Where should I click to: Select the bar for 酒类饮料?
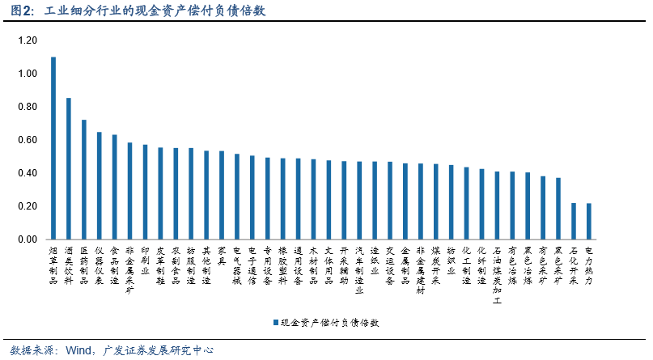click(69, 169)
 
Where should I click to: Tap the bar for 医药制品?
click(84, 180)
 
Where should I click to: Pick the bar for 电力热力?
click(588, 222)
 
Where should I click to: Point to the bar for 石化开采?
click(574, 222)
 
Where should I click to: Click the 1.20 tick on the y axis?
click(28, 40)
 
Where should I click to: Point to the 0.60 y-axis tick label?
click(28, 140)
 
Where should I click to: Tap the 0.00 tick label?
click(28, 239)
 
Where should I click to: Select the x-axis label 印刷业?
click(145, 261)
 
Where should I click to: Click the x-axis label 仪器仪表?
click(100, 266)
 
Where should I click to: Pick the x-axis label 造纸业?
click(374, 261)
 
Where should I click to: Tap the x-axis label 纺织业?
click(451, 261)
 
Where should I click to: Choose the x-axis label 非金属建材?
click(420, 271)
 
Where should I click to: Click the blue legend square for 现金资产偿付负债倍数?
click(274, 321)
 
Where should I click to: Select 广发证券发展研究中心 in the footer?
click(158, 350)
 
